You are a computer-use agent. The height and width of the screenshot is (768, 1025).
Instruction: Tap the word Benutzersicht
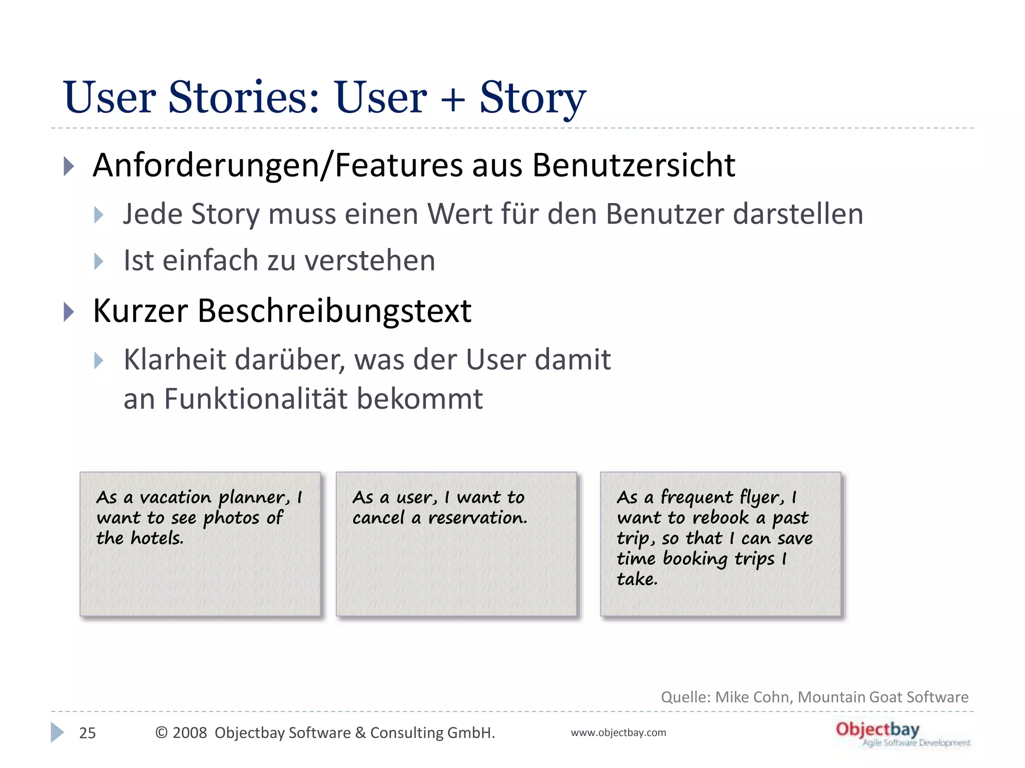pos(633,165)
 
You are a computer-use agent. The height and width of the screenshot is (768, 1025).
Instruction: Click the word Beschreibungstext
pos(334,311)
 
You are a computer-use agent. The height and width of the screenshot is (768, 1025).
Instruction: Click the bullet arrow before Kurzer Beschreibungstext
pos(69,312)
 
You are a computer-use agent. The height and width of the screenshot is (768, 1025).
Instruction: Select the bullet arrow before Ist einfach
pos(99,261)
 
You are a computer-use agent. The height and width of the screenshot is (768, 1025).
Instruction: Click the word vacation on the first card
pos(176,497)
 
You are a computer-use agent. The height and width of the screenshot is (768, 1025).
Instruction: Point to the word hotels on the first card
pos(157,538)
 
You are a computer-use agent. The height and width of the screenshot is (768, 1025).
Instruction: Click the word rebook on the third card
pos(721,518)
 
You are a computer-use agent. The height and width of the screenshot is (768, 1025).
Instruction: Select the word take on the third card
pos(636,579)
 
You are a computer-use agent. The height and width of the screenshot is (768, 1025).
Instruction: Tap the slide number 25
pos(88,733)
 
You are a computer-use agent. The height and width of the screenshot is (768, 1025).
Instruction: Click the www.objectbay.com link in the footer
pos(618,733)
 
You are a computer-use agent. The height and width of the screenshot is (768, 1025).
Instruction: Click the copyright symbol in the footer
pos(161,733)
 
